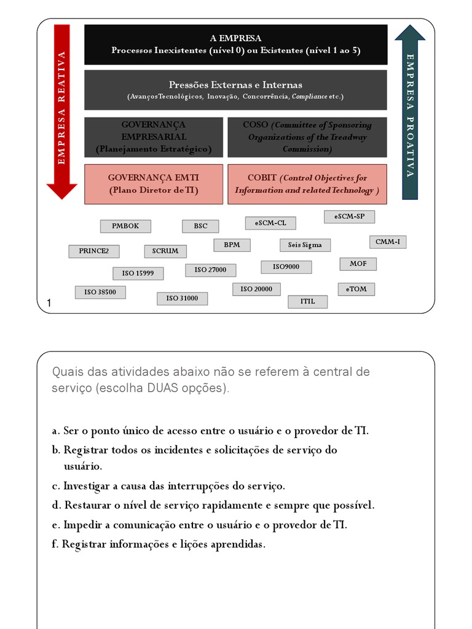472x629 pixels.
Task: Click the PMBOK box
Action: (x=125, y=226)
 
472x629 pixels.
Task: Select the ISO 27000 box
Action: (x=210, y=270)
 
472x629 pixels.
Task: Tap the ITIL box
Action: (x=307, y=302)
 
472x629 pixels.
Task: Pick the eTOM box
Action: (x=356, y=289)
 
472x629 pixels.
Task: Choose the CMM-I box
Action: (x=387, y=242)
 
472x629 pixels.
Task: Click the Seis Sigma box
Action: (x=305, y=245)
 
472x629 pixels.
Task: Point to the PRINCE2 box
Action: (x=94, y=251)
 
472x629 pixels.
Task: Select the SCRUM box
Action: (x=165, y=251)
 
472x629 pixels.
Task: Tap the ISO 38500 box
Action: (x=100, y=292)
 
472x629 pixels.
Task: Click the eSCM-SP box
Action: (x=349, y=217)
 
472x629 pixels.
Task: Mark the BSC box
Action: (x=200, y=226)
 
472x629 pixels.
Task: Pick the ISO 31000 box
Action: (x=182, y=299)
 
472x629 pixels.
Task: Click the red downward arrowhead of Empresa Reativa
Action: (x=61, y=190)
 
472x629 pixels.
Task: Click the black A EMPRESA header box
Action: (x=235, y=44)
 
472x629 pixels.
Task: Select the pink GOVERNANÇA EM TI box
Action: (x=154, y=184)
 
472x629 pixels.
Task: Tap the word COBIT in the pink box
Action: (x=262, y=178)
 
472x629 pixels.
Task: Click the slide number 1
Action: (x=49, y=302)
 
